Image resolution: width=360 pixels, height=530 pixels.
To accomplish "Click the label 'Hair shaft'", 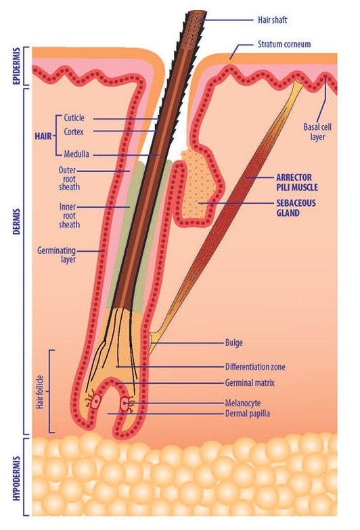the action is pyautogui.click(x=273, y=20).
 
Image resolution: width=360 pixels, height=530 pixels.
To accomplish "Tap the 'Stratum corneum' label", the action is pyautogui.click(x=284, y=44).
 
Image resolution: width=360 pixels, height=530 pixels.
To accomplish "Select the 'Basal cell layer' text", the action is pyautogui.click(x=317, y=132).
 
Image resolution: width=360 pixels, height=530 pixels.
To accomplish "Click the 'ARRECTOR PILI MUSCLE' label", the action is pyautogui.click(x=297, y=183).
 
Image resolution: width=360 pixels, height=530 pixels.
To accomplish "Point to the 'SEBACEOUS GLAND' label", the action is pyautogui.click(x=296, y=208).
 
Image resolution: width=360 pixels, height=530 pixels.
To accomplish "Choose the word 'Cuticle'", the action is pyautogui.click(x=74, y=118).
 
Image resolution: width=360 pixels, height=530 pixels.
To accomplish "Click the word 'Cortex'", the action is pyautogui.click(x=74, y=131).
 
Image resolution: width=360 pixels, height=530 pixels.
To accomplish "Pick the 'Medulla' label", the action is pyautogui.click(x=76, y=154).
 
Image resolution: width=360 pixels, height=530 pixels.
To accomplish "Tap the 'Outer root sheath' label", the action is pyautogui.click(x=69, y=179).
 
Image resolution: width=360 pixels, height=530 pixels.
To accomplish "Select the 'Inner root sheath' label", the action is pyautogui.click(x=69, y=216).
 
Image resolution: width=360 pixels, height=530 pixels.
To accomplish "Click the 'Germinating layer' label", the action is pyautogui.click(x=56, y=255).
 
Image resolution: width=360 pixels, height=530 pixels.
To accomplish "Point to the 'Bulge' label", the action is pyautogui.click(x=234, y=343).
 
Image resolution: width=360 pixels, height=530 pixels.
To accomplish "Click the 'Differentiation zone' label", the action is pyautogui.click(x=255, y=367).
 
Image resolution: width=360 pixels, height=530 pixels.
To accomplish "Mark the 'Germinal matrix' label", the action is pyautogui.click(x=250, y=383).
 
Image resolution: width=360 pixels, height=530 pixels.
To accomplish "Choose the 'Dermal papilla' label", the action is pyautogui.click(x=248, y=414).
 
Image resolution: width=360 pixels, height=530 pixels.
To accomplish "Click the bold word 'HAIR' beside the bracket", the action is pyautogui.click(x=43, y=137).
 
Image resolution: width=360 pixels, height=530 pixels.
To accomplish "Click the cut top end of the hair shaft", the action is pyautogui.click(x=198, y=14).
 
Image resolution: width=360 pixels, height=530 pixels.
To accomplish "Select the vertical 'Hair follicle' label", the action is pyautogui.click(x=40, y=392).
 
